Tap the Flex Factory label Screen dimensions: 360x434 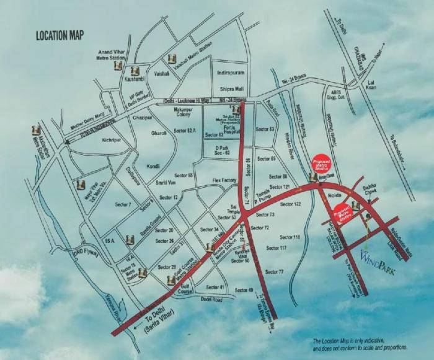(x=208, y=181)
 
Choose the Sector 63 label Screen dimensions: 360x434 (x=264, y=130)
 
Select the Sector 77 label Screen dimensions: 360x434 (x=274, y=272)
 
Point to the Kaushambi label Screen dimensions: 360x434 (x=135, y=81)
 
